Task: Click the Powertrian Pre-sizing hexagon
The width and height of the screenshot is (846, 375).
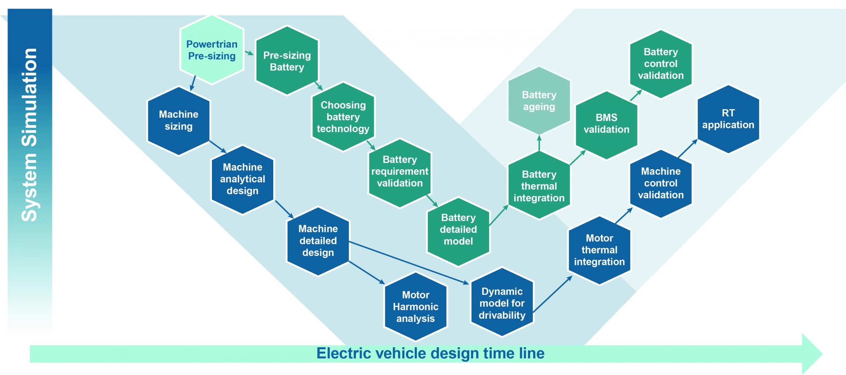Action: tap(212, 50)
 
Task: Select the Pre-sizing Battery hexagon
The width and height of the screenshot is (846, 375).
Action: tap(287, 61)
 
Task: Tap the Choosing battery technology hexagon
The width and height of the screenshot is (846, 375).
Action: tap(343, 117)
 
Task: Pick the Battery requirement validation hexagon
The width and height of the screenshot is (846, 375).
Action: tap(400, 171)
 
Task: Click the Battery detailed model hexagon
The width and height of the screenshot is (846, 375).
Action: tap(458, 230)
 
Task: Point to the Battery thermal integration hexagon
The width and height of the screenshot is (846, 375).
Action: tap(539, 186)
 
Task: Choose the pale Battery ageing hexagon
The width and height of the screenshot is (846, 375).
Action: tap(539, 101)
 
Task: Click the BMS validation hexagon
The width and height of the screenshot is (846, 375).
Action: tap(606, 124)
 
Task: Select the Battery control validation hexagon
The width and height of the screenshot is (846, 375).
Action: tap(660, 64)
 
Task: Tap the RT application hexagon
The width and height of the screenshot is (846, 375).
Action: tap(728, 119)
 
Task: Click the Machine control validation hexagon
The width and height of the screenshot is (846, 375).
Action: tap(660, 183)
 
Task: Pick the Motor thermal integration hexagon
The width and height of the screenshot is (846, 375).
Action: tap(599, 250)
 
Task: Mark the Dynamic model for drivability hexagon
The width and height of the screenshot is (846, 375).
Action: tap(502, 303)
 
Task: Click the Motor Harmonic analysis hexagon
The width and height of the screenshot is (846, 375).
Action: tap(416, 307)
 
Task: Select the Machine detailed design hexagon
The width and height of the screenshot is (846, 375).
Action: tap(318, 241)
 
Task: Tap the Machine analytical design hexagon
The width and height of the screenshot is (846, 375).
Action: tap(242, 179)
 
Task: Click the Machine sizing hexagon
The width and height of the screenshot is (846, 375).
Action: tap(178, 120)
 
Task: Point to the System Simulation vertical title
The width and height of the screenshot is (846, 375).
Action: tap(30, 134)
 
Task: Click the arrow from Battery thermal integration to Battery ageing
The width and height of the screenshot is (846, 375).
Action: tap(539, 143)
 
